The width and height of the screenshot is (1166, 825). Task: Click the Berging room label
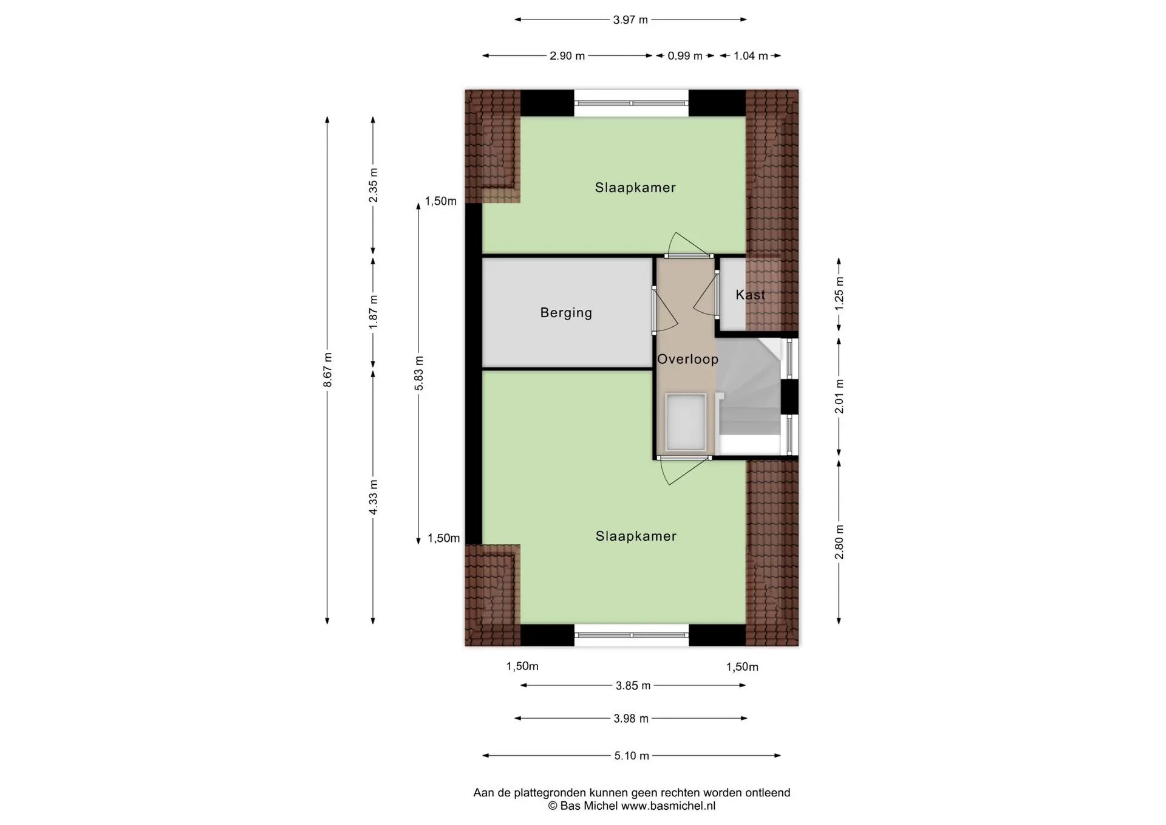566,313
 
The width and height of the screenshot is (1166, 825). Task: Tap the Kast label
750,295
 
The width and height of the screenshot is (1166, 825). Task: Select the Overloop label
687,359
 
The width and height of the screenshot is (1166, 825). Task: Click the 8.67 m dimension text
327,370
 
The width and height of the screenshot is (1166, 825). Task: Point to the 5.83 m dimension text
418,374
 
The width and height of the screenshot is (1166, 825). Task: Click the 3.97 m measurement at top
630,20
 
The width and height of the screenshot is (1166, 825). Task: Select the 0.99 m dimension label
685,56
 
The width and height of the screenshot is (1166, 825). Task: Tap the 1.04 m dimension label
751,56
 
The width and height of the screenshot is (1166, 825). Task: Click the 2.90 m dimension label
567,56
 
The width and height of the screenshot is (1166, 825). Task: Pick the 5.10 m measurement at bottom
632,756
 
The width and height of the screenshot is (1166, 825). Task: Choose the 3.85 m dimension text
633,686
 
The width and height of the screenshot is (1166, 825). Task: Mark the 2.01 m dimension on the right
839,396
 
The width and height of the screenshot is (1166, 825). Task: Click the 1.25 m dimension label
839,293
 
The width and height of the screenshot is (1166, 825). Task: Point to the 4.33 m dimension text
373,498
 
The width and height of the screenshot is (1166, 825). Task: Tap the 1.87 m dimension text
373,312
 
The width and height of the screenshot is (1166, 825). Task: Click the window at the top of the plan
632,103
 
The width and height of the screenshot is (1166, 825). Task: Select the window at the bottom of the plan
632,635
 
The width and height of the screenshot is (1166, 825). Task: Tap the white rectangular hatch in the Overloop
686,422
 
